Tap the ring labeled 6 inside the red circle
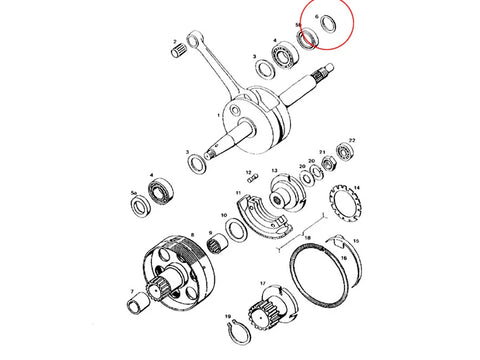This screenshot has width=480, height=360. coord(328,27)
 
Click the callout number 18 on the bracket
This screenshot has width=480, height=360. coord(307,239)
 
